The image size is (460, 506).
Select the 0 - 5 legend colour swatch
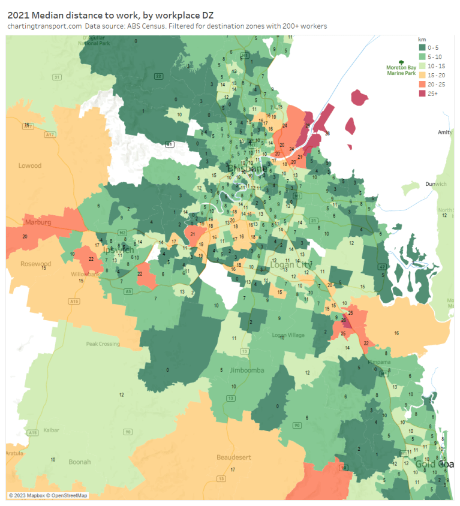422,48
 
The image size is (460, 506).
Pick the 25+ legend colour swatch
422,93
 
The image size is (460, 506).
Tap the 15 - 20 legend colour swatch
422,75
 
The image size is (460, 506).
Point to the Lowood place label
30,165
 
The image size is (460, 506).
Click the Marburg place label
38,222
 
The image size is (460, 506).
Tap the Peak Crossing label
103,344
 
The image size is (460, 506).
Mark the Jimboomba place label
246,371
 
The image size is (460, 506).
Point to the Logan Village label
288,335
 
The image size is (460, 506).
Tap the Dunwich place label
436,184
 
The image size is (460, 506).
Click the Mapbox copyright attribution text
48,495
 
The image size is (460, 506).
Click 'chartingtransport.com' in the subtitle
44,26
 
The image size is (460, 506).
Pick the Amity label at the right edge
445,132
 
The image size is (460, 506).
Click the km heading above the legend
422,40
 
